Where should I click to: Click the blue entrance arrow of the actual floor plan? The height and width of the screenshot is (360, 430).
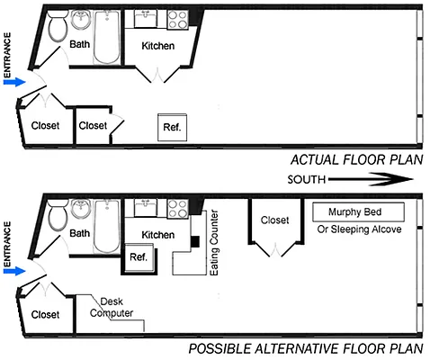click(x=14, y=81)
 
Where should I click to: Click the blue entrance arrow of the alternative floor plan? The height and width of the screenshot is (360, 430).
click(x=14, y=270)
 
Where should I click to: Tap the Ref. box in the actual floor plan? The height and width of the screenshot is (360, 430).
click(x=171, y=128)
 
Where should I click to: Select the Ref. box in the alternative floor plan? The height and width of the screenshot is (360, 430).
click(x=139, y=256)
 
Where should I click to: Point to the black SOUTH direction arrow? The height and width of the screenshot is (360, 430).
click(x=369, y=179)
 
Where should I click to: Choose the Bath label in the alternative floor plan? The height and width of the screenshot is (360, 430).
click(x=80, y=233)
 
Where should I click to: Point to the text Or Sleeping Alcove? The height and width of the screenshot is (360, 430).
click(x=357, y=229)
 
